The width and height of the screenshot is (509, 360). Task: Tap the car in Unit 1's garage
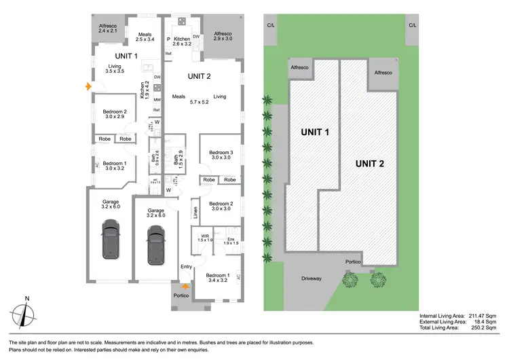click(111, 242)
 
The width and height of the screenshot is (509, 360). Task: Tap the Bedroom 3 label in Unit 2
click(221, 154)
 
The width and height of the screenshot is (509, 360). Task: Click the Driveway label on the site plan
click(312, 278)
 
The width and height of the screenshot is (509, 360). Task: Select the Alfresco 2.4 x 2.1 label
click(108, 28)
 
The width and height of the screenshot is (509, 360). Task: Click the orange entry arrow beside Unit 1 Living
click(86, 87)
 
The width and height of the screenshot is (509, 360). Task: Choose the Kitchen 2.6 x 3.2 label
click(183, 43)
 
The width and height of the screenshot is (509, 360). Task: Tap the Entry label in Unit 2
click(186, 267)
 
